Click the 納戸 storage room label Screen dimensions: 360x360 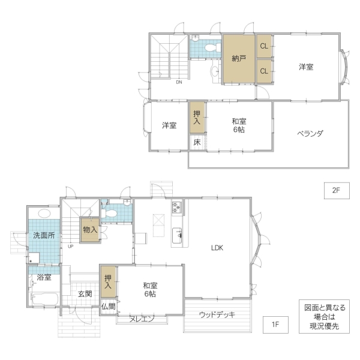click(x=239, y=59)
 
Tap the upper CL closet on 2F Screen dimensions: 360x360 click(x=264, y=46)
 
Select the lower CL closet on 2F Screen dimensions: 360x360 click(x=264, y=71)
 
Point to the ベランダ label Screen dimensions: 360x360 click(x=310, y=133)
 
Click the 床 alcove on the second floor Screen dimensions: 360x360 click(x=197, y=142)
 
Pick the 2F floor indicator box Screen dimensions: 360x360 click(x=337, y=190)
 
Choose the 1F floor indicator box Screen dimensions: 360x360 click(x=275, y=325)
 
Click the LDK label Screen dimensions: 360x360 click(x=217, y=248)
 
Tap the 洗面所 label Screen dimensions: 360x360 click(x=44, y=235)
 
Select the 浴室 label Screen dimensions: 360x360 click(x=44, y=277)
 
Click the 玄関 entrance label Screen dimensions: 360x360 click(x=85, y=293)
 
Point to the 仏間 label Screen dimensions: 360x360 click(x=109, y=306)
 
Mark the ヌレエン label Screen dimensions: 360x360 click(x=142, y=319)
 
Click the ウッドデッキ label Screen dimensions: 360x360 click(x=217, y=314)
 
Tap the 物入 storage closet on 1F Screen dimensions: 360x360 click(x=90, y=230)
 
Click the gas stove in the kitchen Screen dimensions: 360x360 click(x=177, y=207)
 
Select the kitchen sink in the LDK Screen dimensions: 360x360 click(x=177, y=236)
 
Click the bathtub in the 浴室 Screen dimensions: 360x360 click(x=45, y=299)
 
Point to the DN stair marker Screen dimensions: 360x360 click(x=179, y=82)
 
